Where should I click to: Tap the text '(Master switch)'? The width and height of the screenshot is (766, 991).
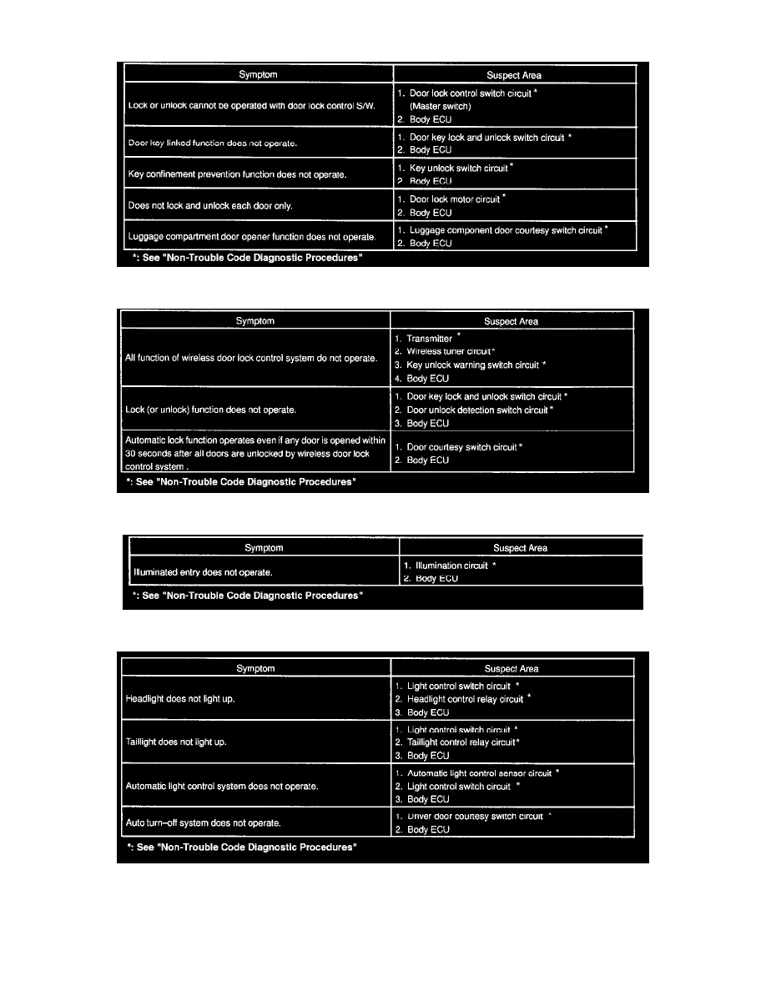[440, 106]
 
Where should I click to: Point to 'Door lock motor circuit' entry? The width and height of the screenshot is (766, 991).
[454, 199]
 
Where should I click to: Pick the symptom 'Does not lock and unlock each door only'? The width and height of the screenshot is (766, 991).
[210, 205]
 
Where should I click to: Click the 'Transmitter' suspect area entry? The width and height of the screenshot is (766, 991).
[429, 339]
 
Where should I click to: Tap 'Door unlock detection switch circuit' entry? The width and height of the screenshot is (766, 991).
[478, 410]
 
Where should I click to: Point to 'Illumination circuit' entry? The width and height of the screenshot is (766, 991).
[451, 566]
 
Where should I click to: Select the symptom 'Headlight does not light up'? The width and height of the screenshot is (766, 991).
[180, 699]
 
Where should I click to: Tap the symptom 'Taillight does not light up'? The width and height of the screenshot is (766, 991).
[176, 742]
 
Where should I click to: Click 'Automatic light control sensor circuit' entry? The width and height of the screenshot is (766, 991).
[479, 773]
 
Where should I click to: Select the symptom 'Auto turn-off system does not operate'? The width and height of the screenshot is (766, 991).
[203, 822]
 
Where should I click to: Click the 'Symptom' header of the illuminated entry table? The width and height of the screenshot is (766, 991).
[264, 548]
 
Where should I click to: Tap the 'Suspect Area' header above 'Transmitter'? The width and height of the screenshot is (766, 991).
[512, 321]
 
